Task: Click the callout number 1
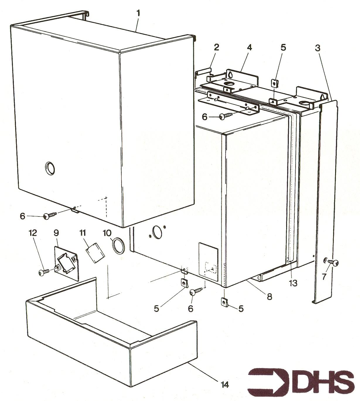[x=138, y=13]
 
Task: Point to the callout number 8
[x=269, y=296]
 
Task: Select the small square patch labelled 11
[x=95, y=253]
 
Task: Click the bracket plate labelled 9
[x=66, y=262]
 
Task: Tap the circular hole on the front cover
[x=50, y=168]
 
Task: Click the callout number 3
[x=318, y=48]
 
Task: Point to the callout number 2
[x=216, y=47]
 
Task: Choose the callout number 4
[x=250, y=47]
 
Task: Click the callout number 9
[x=56, y=233]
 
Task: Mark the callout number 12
[x=33, y=233]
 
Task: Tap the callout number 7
[x=324, y=277]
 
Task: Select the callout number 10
[x=107, y=233]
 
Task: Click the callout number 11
[x=83, y=233]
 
